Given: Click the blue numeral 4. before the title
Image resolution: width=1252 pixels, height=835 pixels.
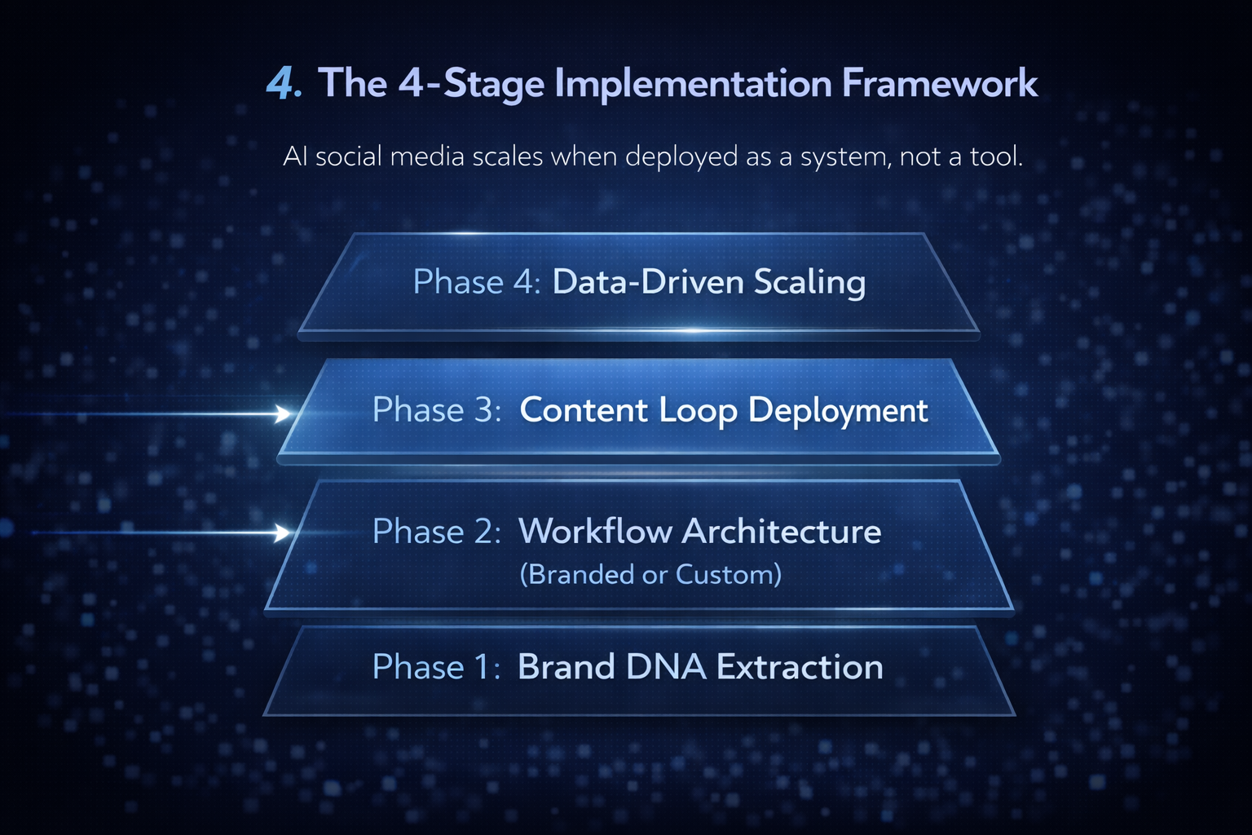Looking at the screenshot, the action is (x=284, y=83).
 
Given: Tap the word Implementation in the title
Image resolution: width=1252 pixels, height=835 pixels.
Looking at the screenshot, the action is (x=693, y=85).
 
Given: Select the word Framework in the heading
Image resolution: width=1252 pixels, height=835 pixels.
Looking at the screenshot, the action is (x=940, y=83).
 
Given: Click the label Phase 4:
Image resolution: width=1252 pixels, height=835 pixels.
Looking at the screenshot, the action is (x=477, y=281).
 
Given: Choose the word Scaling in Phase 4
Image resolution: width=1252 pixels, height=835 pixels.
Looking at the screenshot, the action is (x=810, y=283).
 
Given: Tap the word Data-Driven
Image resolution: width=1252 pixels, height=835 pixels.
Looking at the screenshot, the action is (x=648, y=281).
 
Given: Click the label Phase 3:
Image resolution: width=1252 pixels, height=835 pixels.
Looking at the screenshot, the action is (x=437, y=409).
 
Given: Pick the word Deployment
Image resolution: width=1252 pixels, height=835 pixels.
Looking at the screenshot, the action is (x=838, y=412).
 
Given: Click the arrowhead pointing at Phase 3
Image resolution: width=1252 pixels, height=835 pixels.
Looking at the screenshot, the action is (x=282, y=414).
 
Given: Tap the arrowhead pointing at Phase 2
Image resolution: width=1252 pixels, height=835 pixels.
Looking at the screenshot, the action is (x=281, y=533).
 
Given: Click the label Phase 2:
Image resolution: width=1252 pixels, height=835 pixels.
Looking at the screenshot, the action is (x=437, y=531).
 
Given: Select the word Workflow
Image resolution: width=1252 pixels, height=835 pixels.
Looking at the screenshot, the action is (x=595, y=531).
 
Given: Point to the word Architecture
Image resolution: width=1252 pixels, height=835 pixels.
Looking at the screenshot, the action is (x=782, y=531).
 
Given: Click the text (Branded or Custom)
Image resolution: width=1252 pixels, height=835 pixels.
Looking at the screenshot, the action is (x=650, y=574).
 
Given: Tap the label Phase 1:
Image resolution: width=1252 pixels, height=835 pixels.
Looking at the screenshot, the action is (x=437, y=667).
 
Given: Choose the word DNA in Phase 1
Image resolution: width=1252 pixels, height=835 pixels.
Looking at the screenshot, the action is (x=666, y=667).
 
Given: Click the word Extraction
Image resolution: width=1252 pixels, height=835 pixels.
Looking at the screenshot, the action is (x=800, y=667).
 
